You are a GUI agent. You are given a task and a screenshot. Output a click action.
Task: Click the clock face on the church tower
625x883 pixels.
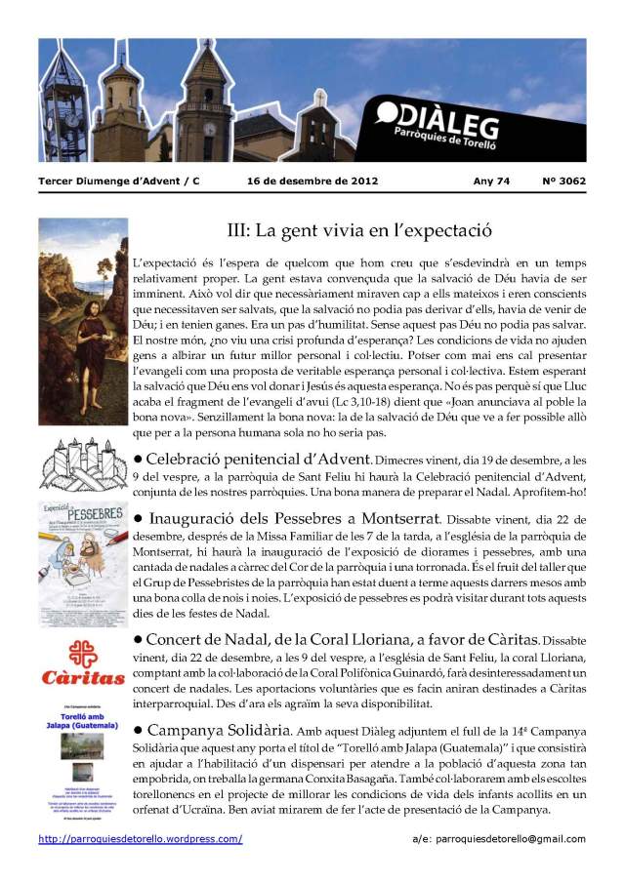pyautogui.click(x=210, y=129)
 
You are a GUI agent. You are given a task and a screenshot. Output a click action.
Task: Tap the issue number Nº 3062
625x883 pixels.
pyautogui.click(x=563, y=181)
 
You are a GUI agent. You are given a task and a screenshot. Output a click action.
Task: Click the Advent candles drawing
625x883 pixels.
pyautogui.click(x=83, y=463)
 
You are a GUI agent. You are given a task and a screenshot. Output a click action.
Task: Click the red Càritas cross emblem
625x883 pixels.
pyautogui.click(x=82, y=647)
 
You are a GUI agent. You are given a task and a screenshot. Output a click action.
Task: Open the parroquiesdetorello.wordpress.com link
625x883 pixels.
pyautogui.click(x=141, y=839)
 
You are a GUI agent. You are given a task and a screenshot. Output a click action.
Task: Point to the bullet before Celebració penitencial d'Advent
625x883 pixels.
pyautogui.click(x=138, y=459)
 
